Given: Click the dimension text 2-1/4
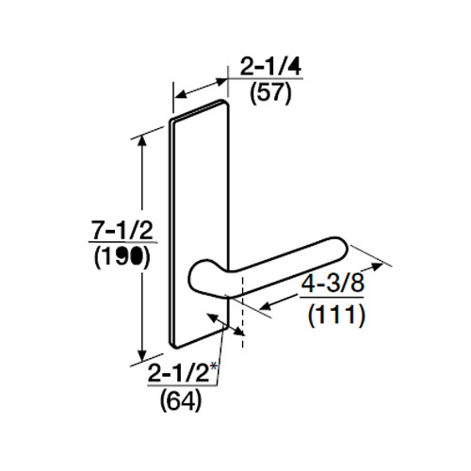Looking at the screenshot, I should tap(263, 68).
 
